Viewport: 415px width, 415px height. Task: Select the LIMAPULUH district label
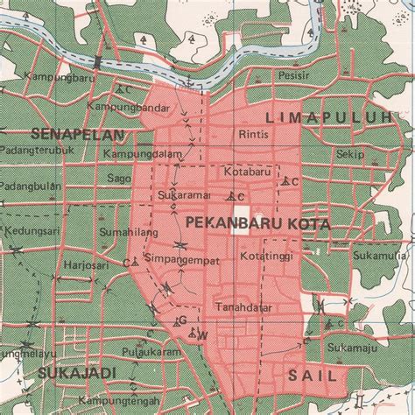[x=335, y=116]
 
